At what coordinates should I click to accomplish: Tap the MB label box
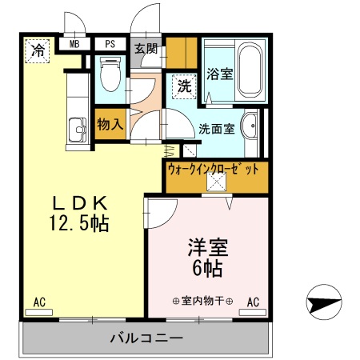tap(74, 45)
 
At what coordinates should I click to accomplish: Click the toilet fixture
tap(110, 76)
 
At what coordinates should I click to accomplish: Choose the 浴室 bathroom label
tap(220, 74)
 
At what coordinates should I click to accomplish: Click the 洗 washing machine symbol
tap(183, 86)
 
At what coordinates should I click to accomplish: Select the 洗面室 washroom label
tap(216, 128)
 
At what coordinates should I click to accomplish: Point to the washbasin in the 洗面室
tap(250, 128)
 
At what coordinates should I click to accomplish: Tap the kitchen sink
tap(78, 128)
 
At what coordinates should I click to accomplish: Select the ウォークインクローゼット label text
tap(214, 169)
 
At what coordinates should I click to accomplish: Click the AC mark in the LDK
tap(38, 302)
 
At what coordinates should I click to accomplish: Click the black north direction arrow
tap(322, 302)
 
